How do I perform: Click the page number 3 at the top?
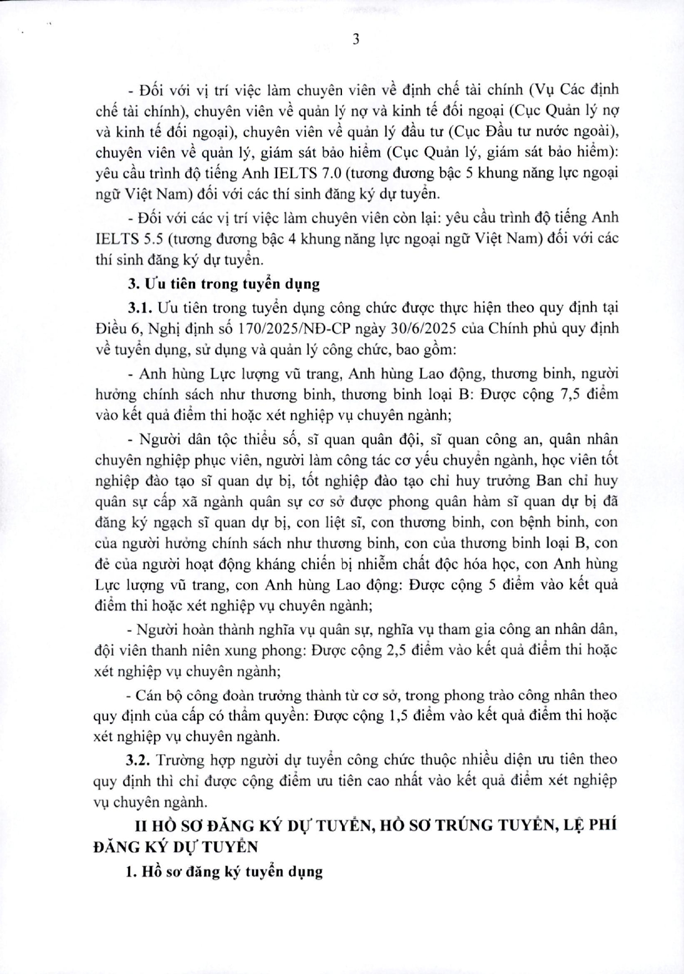[x=356, y=39]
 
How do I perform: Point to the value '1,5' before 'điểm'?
[x=399, y=715]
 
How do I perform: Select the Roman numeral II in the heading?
[x=143, y=825]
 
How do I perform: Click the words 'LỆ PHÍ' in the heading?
[x=593, y=825]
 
